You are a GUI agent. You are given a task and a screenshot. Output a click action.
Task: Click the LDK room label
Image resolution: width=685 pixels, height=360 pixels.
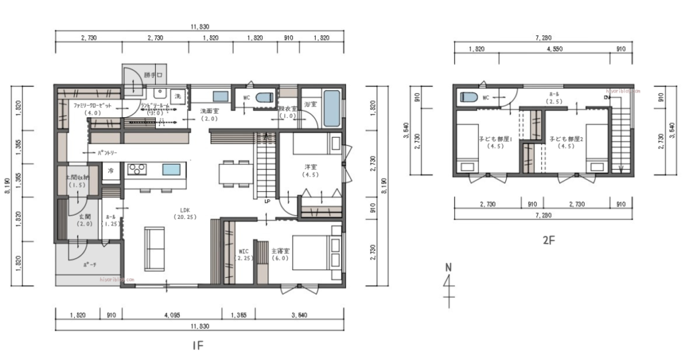183,213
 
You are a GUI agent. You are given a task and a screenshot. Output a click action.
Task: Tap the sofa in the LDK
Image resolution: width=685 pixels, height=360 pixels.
155,248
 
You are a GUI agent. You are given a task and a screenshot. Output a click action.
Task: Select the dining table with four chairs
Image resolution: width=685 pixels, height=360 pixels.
235,173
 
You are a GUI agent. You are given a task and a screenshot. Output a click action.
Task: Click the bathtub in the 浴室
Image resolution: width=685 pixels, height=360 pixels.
331,109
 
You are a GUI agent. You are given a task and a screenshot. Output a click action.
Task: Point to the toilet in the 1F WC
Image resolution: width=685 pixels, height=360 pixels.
265,97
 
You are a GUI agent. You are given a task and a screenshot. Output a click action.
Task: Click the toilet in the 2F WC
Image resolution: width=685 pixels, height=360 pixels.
469,97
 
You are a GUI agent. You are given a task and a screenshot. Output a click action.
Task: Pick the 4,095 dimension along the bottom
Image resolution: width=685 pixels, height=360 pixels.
171,314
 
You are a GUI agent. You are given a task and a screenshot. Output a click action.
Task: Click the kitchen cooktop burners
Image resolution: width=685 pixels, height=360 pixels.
136,169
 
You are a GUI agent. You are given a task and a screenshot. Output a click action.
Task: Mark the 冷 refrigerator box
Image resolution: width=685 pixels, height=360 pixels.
111,171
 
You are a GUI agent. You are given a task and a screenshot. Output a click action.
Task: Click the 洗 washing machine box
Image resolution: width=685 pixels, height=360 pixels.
178,96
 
